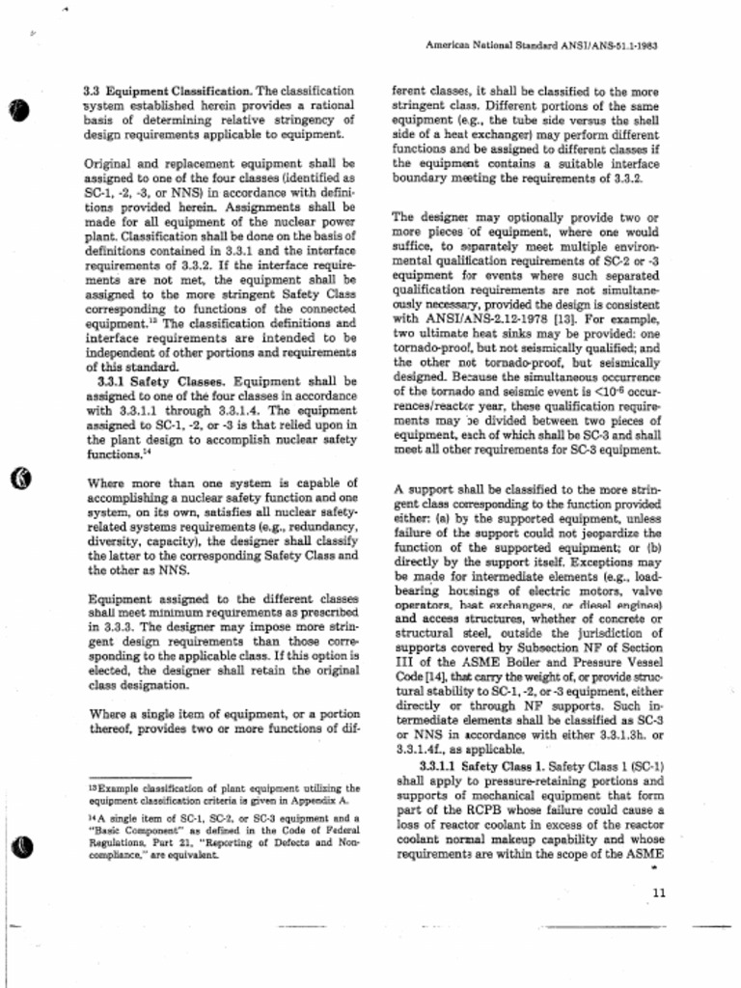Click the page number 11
[659, 892]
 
